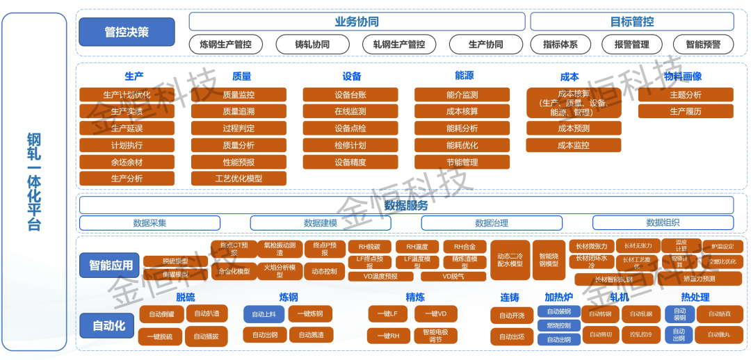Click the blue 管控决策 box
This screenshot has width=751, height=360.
pyautogui.click(x=126, y=32)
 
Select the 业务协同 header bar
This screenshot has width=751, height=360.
pyautogui.click(x=357, y=22)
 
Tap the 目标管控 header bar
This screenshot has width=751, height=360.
pyautogui.click(x=632, y=22)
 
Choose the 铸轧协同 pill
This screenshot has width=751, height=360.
pyautogui.click(x=312, y=44)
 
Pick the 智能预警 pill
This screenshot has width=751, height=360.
pyautogui.click(x=703, y=44)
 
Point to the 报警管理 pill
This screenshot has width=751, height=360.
pyautogui.click(x=631, y=44)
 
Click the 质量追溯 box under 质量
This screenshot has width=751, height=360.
pyautogui.click(x=239, y=111)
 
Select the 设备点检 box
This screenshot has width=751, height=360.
pyautogui.click(x=350, y=128)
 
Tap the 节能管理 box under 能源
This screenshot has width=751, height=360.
pyautogui.click(x=462, y=162)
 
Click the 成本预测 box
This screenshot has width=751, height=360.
pyautogui.click(x=574, y=128)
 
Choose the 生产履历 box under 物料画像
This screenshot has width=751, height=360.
pyautogui.click(x=686, y=111)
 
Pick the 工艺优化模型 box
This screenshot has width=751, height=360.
pyautogui.click(x=239, y=179)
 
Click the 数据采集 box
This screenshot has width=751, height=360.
pyautogui.click(x=150, y=223)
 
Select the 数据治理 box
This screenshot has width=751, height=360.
pyautogui.click(x=492, y=223)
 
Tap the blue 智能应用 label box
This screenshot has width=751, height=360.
pyautogui.click(x=110, y=265)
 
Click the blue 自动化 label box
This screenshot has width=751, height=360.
pyautogui.click(x=109, y=325)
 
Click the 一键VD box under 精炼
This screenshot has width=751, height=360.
pyautogui.click(x=436, y=314)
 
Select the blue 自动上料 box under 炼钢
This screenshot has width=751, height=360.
pyautogui.click(x=264, y=314)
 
